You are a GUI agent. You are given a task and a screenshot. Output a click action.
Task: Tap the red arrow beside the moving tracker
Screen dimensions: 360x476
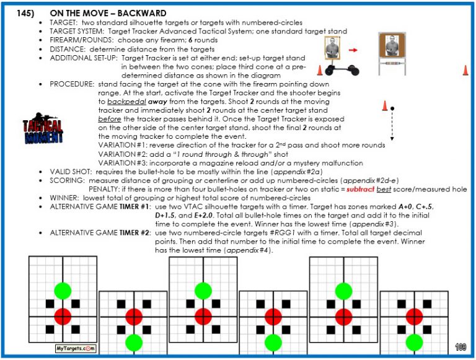353,50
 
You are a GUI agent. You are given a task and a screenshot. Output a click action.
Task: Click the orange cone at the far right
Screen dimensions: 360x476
465,70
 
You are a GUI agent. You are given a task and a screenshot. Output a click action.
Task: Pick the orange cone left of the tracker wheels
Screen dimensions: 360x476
320,71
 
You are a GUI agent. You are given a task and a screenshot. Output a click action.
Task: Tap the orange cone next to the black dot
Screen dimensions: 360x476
384,106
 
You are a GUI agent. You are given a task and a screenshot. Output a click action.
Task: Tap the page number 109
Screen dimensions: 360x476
460,347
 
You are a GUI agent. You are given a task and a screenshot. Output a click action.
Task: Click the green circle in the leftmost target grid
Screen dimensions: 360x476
63,289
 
